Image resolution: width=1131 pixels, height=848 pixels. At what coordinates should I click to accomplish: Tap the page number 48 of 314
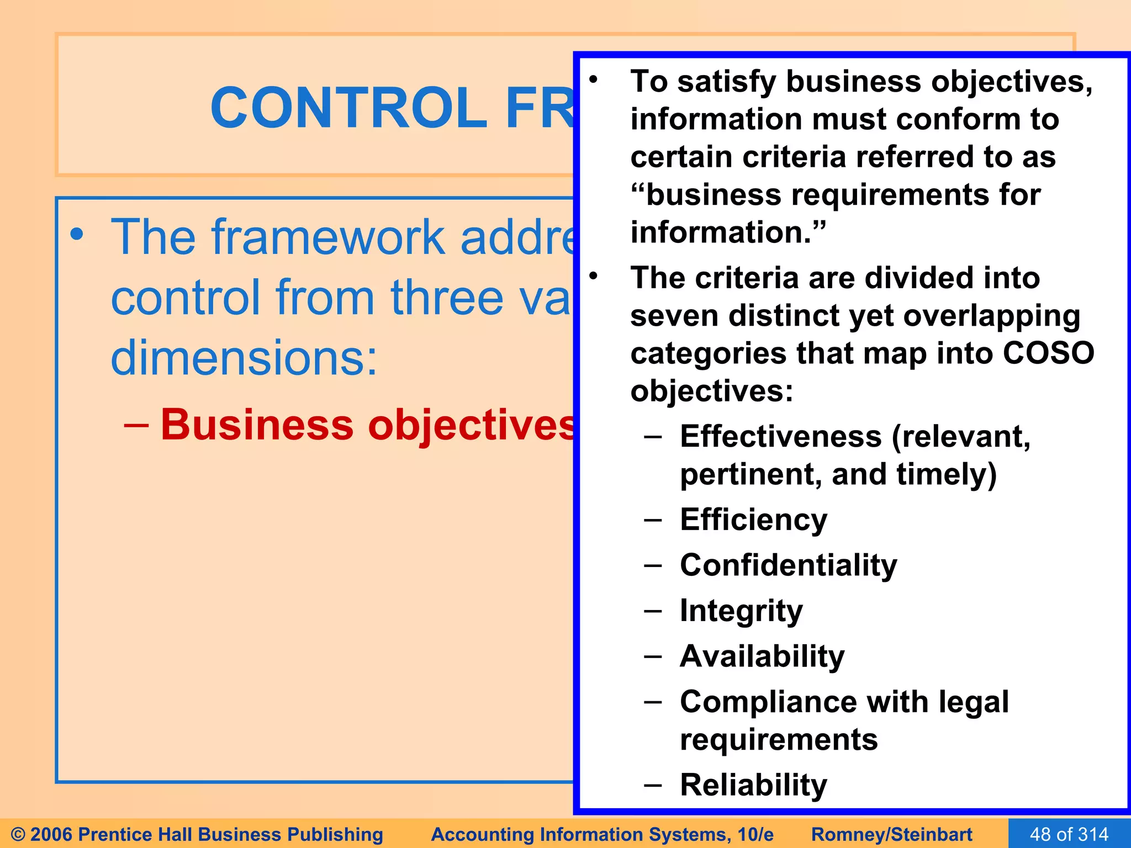[1069, 834]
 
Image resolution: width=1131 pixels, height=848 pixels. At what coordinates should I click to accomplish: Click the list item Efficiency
[753, 520]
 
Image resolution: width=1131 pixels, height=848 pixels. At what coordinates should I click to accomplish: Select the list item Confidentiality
[788, 565]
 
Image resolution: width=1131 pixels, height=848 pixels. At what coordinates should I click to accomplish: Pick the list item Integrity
[741, 611]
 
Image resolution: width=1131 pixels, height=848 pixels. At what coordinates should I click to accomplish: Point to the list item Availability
[762, 656]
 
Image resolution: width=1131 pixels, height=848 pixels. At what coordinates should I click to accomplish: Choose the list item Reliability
[753, 785]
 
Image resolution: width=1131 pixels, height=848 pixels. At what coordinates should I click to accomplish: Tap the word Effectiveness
[780, 437]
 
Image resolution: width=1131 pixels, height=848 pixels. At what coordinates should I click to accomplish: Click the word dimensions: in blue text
[244, 358]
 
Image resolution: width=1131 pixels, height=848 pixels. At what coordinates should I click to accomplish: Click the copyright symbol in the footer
[18, 834]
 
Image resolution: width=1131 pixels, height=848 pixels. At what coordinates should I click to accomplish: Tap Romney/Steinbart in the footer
[891, 834]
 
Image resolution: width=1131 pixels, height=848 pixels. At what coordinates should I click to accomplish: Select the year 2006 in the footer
[52, 834]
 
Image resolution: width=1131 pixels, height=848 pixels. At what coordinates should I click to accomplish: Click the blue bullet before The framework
[77, 235]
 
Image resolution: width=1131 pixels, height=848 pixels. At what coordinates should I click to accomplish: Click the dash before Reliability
[653, 785]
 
